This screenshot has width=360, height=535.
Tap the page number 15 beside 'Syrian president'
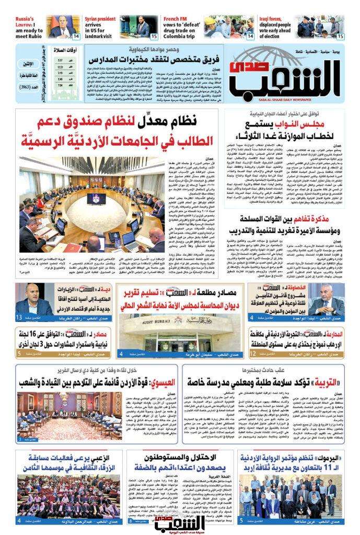pos(154,36)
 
